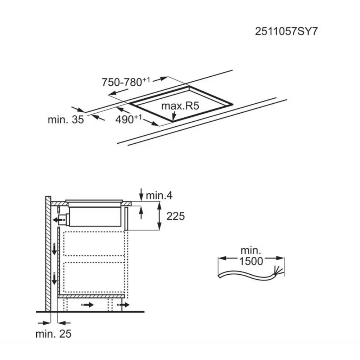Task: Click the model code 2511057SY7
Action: pos(286,31)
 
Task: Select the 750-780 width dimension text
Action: pos(126,82)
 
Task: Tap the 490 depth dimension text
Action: pos(129,119)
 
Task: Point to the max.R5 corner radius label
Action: pos(180,106)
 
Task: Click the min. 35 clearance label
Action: pos(66,120)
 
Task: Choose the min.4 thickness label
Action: pos(159,195)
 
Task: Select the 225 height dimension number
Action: pos(175,216)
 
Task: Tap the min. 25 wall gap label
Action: pos(54,334)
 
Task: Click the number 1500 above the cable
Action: pos(251,261)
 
